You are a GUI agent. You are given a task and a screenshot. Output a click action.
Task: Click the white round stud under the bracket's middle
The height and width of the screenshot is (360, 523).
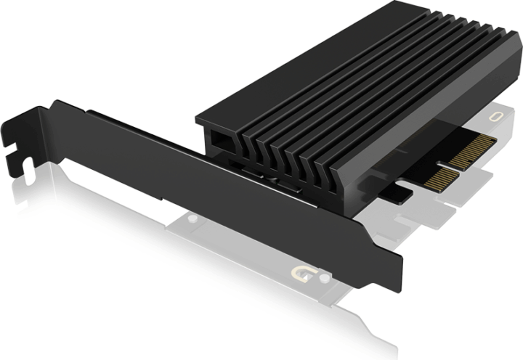point(190,216)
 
